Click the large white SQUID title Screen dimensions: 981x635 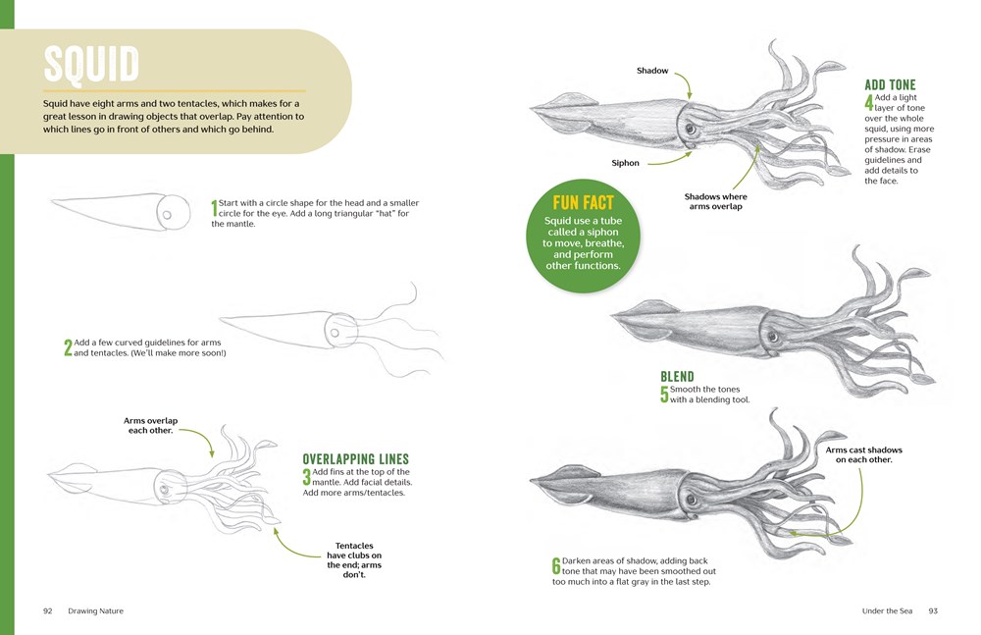click(x=91, y=64)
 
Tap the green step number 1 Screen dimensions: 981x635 click(x=214, y=208)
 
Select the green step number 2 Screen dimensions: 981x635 click(x=68, y=347)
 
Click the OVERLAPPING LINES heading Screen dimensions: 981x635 click(x=355, y=459)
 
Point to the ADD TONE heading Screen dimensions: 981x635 click(x=890, y=85)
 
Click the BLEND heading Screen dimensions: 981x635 click(x=677, y=376)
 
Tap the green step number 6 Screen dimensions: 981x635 click(x=556, y=566)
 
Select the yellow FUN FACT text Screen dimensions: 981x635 click(x=583, y=203)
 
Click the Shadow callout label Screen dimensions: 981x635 click(x=652, y=71)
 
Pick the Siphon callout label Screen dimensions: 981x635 click(x=625, y=163)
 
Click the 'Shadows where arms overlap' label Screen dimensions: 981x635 click(x=716, y=201)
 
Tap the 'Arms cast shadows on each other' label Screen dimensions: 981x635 click(x=864, y=454)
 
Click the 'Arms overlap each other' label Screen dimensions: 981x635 click(x=151, y=426)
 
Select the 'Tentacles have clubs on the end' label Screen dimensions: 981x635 click(x=354, y=559)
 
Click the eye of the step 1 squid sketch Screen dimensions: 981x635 click(x=167, y=215)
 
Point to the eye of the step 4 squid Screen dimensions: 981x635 click(x=690, y=130)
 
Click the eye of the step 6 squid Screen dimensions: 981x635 click(x=692, y=500)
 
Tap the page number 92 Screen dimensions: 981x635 click(x=47, y=611)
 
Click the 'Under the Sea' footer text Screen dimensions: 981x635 click(x=887, y=611)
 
